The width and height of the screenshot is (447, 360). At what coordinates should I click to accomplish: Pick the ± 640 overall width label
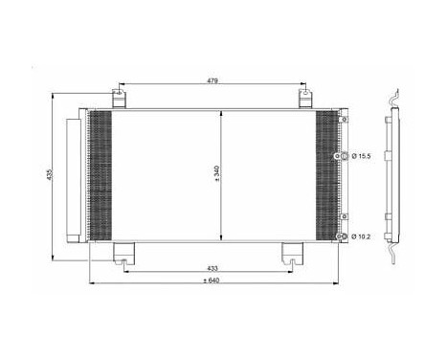tap(213, 280)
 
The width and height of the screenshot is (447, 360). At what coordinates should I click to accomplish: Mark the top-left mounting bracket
tap(117, 99)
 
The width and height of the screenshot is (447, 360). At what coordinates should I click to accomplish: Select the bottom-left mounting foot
tap(124, 253)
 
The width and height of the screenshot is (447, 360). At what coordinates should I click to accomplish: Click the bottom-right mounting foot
tap(291, 253)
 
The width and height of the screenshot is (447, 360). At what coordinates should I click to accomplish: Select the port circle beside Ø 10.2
tap(338, 235)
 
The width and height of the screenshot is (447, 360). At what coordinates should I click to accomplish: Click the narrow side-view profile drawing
tap(388, 177)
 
